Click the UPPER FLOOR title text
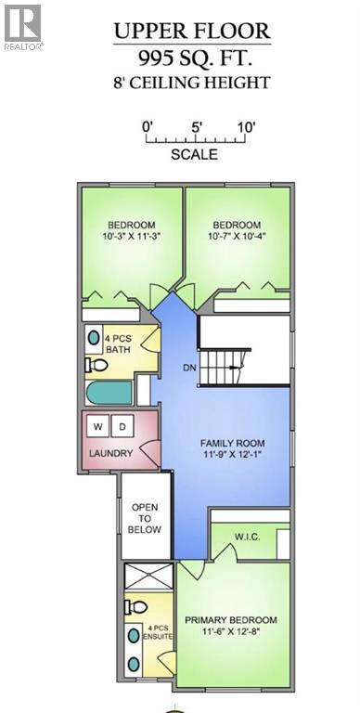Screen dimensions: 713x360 (192, 32)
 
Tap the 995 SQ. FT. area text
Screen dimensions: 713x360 (192, 58)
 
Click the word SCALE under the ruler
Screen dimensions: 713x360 (194, 155)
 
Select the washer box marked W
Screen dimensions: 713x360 (98, 426)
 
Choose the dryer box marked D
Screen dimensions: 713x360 (123, 426)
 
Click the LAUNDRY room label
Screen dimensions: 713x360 (111, 454)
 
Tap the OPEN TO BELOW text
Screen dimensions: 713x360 (146, 518)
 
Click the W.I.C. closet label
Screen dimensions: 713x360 (251, 537)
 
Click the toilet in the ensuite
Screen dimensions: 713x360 (134, 608)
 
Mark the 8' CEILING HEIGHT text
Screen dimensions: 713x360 (192, 83)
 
